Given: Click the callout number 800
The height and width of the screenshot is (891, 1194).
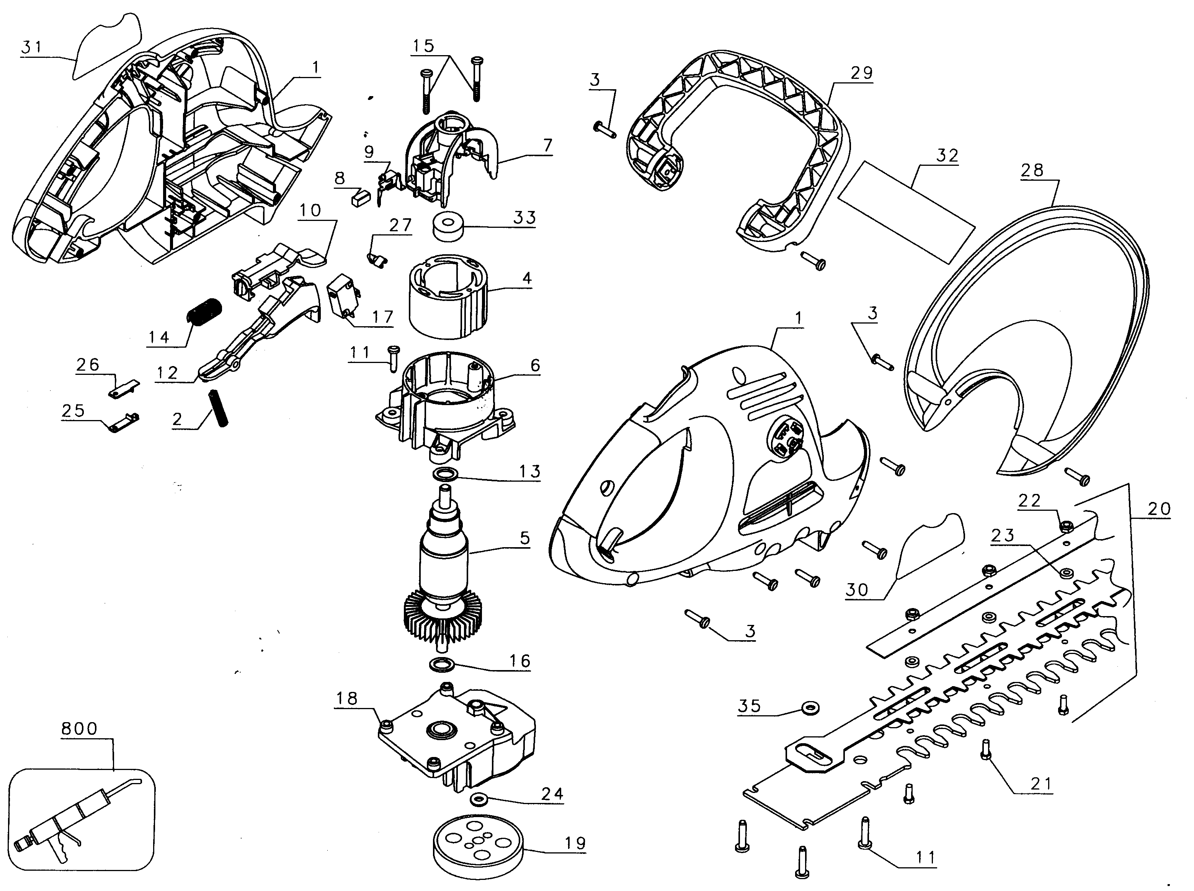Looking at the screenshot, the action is point(79,729).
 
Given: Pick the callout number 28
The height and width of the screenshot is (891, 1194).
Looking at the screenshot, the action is point(1032,170).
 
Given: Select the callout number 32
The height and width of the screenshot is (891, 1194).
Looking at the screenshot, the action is point(947,156).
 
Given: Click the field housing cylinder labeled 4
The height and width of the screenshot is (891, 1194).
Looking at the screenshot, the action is point(449,297).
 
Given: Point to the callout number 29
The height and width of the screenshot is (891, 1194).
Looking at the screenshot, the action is point(861,73).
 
